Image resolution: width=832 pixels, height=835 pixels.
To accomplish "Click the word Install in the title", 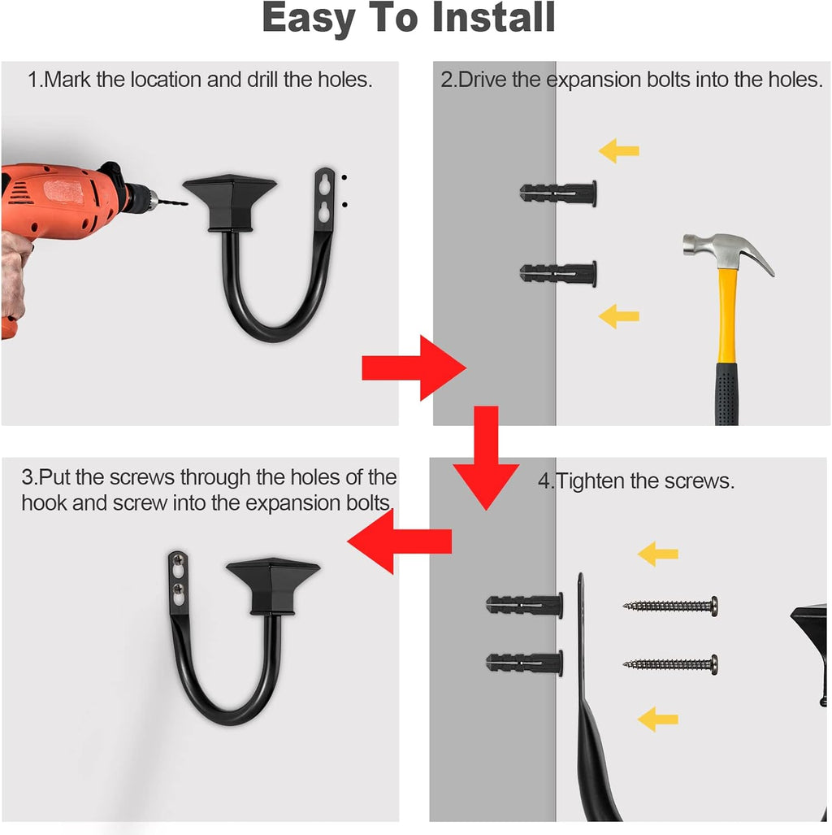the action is coord(493,17).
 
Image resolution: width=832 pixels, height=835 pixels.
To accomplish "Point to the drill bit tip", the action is coord(187,203).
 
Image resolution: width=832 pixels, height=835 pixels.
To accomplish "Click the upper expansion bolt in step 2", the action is coord(558,193).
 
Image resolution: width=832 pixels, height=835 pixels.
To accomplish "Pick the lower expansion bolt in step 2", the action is coord(558,273).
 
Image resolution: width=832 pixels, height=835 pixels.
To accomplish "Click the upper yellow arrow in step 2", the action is coord(618,150).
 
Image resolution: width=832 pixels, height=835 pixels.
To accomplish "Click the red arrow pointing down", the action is coord(487,458).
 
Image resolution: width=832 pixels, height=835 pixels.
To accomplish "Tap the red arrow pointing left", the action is coord(400,541).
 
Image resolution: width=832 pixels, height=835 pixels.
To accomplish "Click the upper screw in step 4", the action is coord(670,606).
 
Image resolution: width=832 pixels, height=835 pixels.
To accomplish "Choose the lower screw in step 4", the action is coord(670,664).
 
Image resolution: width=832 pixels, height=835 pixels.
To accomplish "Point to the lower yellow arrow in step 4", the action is coord(657,720).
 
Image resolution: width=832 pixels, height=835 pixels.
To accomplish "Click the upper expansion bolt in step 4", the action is coord(524,605).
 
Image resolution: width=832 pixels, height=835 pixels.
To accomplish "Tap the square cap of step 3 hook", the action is coord(273,585).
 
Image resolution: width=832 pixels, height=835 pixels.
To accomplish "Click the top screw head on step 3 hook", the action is coord(178,560).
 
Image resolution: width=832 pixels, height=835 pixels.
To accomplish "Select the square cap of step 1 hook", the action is coord(229,203).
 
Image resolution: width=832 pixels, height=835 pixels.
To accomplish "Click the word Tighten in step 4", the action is coord(589,481).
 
